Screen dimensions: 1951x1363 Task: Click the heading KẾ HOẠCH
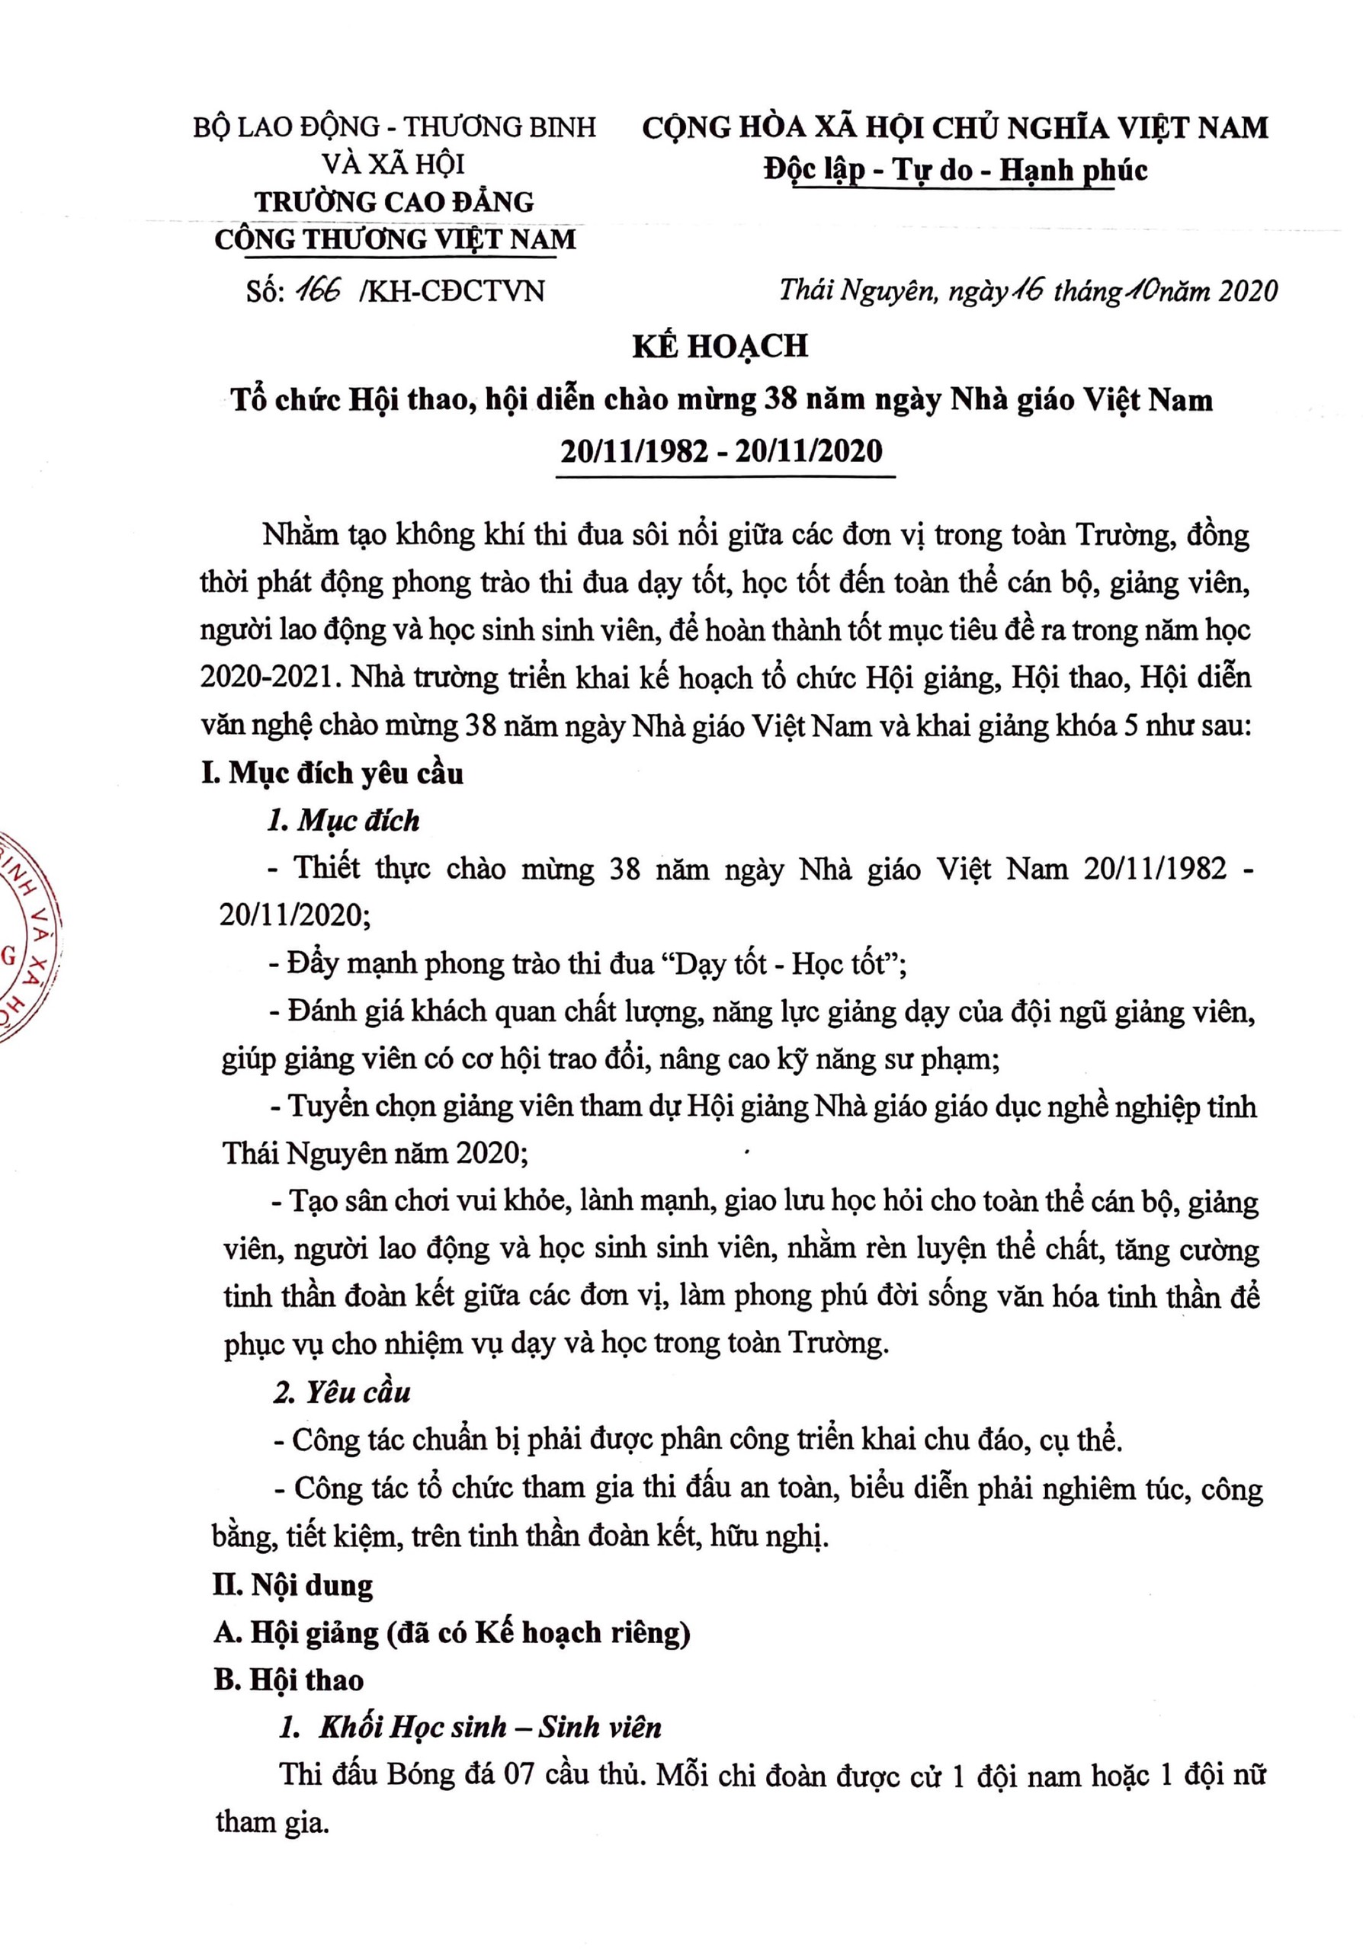[x=719, y=347]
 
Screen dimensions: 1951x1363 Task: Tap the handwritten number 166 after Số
[x=316, y=290]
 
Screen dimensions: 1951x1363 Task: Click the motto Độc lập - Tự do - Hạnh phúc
[x=954, y=170]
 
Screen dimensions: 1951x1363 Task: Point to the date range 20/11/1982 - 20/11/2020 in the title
[x=721, y=450]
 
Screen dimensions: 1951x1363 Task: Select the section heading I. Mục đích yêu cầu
[x=332, y=774]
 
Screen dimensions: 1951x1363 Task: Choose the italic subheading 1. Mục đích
[x=343, y=820]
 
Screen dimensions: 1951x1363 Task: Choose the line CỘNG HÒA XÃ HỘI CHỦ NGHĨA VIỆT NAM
[x=954, y=127]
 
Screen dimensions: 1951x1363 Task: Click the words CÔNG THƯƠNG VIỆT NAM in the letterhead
[x=395, y=239]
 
